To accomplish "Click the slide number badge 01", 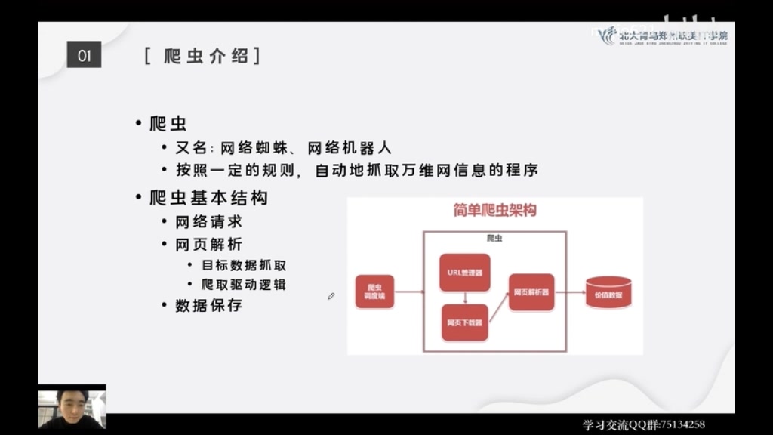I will (84, 56).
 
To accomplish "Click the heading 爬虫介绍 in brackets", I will (202, 56).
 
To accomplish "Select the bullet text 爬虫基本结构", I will (208, 198).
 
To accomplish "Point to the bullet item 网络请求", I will (208, 222).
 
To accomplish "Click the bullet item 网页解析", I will (208, 245).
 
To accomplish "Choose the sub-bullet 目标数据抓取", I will (243, 265).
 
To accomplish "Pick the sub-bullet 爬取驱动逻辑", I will (243, 285).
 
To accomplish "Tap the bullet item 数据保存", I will (208, 306).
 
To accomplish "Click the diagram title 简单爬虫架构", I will (494, 211).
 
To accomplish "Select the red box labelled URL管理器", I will (464, 273).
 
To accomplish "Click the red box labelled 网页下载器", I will (464, 322).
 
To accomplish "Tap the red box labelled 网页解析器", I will (531, 292).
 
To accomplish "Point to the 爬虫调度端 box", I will (374, 292).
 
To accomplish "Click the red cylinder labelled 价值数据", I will (608, 293).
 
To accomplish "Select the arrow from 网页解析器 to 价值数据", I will (570, 292).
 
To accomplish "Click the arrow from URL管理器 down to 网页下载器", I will (465, 298).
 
